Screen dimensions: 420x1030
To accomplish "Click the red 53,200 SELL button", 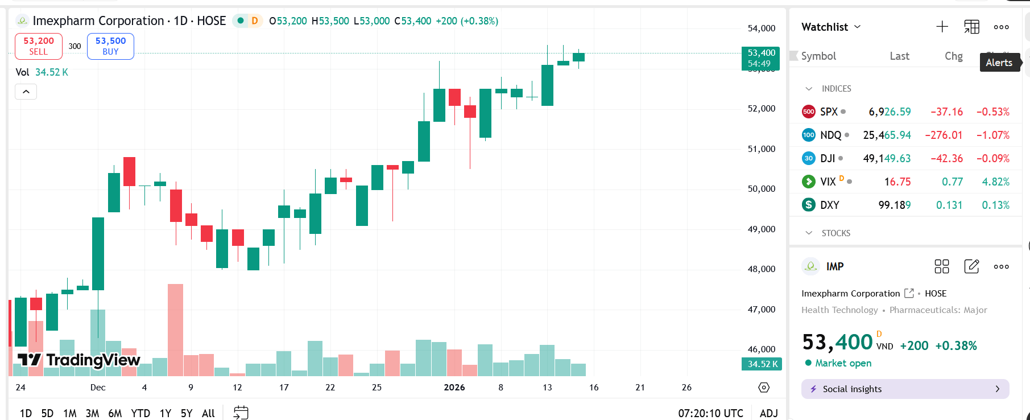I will pos(38,46).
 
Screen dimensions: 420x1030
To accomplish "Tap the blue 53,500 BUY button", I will pos(110,46).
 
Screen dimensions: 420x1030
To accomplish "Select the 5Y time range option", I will pos(186,413).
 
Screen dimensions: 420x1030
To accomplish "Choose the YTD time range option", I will pos(140,413).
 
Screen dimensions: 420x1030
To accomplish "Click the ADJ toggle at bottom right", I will pos(768,413).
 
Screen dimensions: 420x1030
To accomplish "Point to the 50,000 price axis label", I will pos(761,189).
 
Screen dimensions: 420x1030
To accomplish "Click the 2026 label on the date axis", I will pos(454,388).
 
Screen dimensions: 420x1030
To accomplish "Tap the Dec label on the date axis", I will pos(98,388).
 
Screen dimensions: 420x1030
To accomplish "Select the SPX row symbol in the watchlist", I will pos(829,112).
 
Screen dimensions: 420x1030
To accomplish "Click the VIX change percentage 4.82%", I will pos(995,182).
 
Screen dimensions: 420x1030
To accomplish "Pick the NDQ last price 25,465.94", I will pos(887,135).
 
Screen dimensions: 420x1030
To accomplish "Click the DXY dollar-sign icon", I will pos(808,205).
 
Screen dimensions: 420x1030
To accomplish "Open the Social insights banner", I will pos(905,389).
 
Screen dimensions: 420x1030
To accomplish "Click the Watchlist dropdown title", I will pos(830,27).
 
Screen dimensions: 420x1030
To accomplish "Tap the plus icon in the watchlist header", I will pos(942,27).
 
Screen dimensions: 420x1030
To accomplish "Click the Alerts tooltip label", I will pos(999,63).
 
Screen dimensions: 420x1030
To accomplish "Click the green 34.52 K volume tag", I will pos(762,364).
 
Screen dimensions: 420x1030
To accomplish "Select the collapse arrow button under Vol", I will pos(26,92).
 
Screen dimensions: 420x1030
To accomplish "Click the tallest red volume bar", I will pos(175,330).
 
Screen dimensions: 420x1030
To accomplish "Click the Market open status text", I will pos(843,363).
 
